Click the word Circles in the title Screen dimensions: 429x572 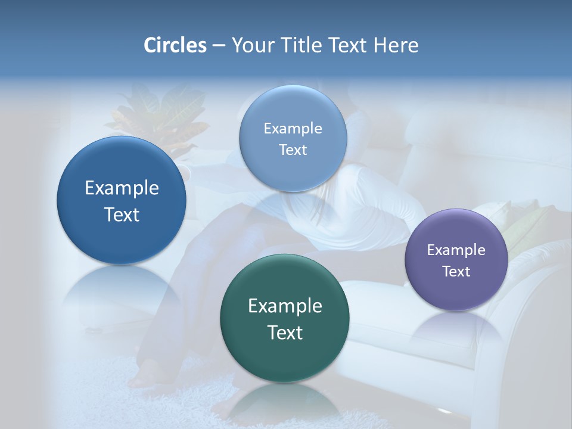pos(175,45)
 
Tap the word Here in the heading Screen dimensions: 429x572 pos(396,45)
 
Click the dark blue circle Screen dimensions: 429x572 pos(122,200)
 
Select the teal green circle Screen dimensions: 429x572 pos(285,318)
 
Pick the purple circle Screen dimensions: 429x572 pos(456,260)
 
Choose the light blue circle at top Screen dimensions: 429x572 pos(293,138)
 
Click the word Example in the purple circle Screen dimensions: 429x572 pos(456,250)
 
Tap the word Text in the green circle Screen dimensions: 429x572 pos(285,332)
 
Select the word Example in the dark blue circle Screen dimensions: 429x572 pos(122,188)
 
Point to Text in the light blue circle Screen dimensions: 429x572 pos(293,150)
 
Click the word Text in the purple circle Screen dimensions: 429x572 pos(456,272)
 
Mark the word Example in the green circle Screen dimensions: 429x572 pos(285,306)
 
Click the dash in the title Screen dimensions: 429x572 pos(219,45)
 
